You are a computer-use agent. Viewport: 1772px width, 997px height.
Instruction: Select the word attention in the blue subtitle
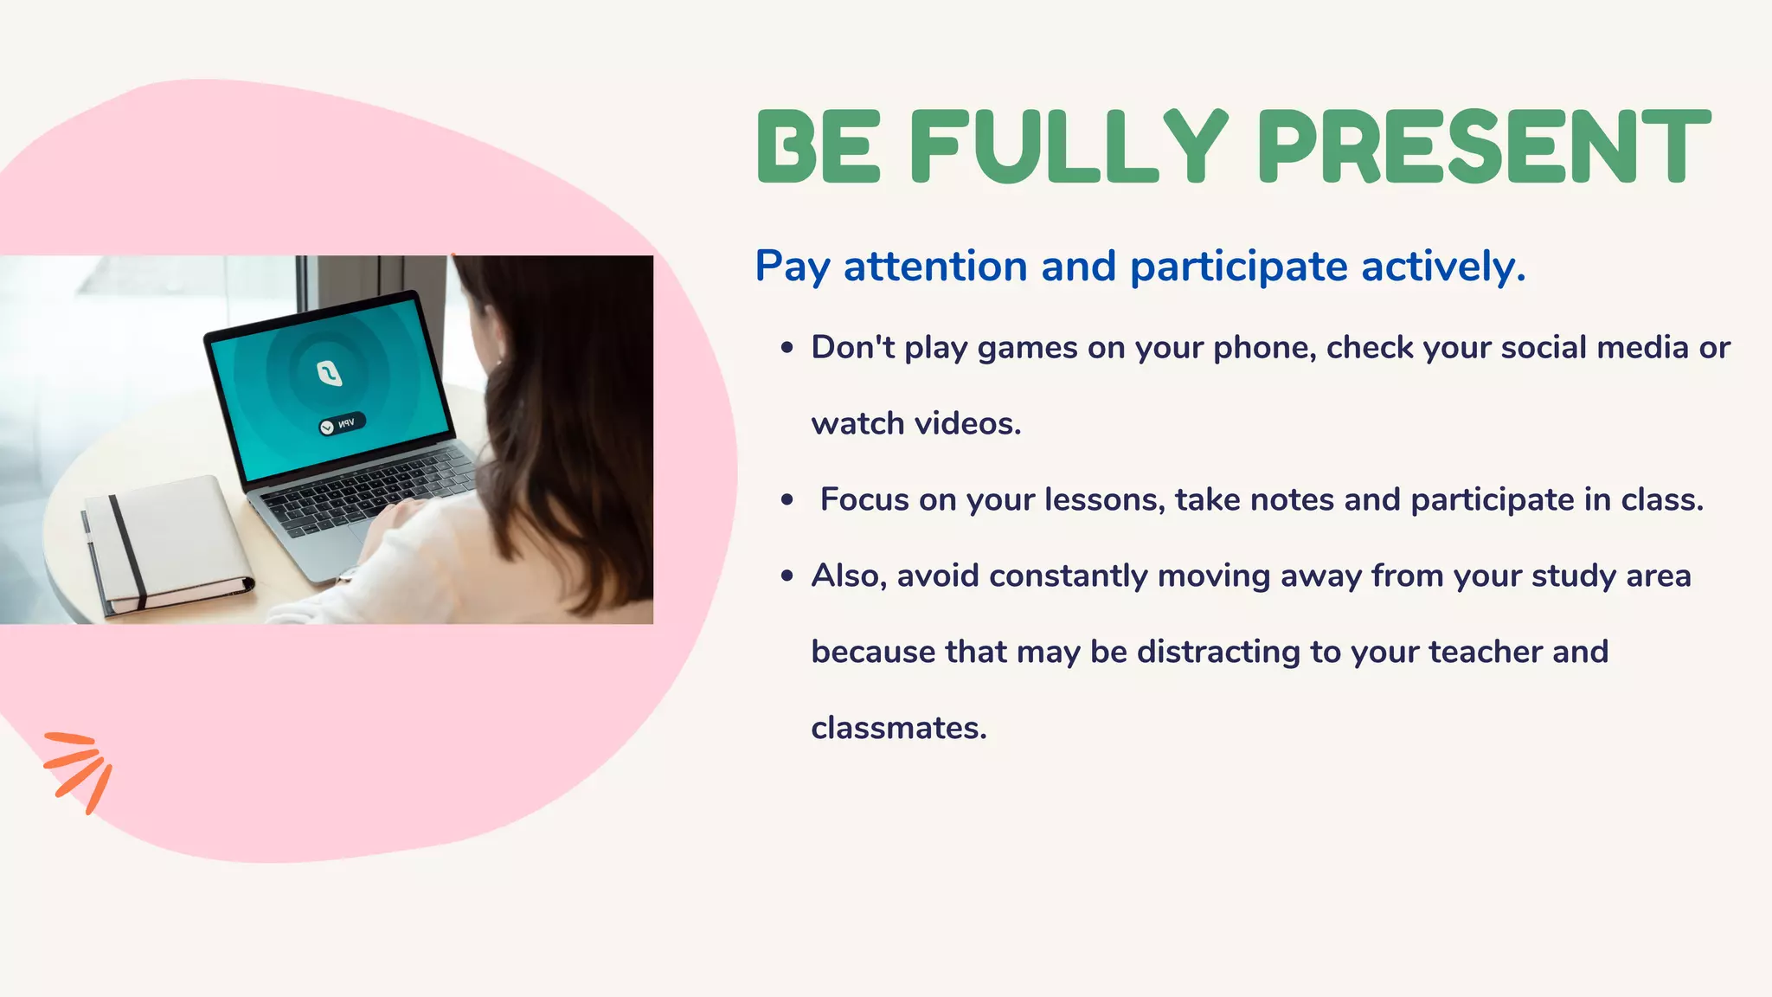[x=934, y=266]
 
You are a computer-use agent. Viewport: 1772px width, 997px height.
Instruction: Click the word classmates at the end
[x=898, y=728]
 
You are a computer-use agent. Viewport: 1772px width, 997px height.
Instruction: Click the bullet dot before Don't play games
[x=786, y=348]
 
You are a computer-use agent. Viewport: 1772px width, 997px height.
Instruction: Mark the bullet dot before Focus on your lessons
[x=786, y=500]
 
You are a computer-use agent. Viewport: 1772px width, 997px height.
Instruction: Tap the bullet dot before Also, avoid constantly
[x=786, y=576]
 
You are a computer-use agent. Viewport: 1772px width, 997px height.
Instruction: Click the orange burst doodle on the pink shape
[x=80, y=769]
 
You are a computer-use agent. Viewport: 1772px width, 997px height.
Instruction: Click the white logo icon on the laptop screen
[x=329, y=373]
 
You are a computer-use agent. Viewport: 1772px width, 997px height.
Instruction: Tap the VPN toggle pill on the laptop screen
[x=342, y=424]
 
